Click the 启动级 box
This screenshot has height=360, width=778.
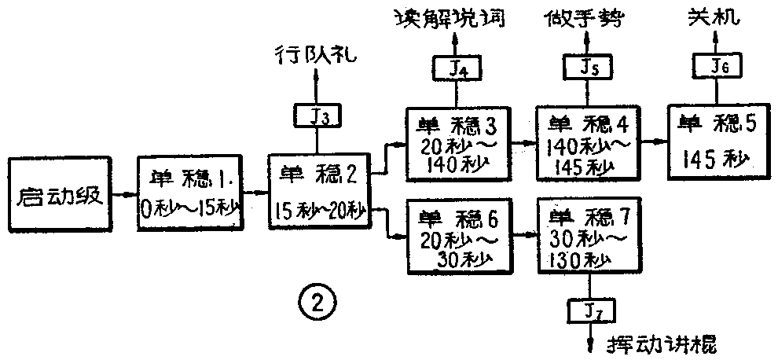pyautogui.click(x=59, y=193)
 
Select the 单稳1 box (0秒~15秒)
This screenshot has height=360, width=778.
pyautogui.click(x=191, y=193)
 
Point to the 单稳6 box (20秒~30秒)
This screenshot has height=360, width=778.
pyautogui.click(x=453, y=237)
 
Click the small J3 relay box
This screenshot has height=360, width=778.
pyautogui.click(x=316, y=116)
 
